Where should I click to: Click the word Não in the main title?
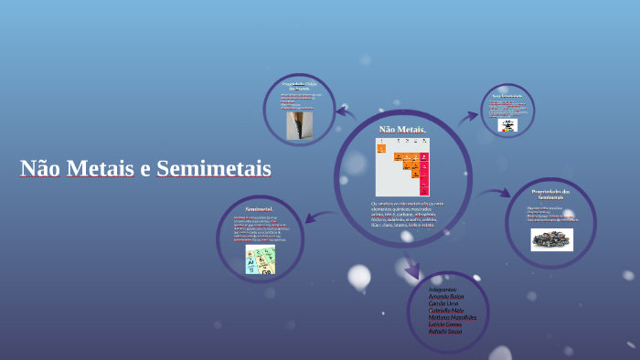(x=41, y=169)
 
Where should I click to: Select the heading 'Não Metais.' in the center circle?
(x=402, y=129)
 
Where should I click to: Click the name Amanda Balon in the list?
(x=446, y=296)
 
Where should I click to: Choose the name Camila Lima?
(x=443, y=303)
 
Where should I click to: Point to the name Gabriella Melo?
(x=446, y=311)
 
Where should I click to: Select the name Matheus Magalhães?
(x=453, y=317)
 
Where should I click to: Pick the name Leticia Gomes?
(x=445, y=324)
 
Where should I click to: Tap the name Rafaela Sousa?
(x=445, y=332)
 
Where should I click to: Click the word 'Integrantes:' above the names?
(x=443, y=290)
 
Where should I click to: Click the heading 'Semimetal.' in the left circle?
(x=260, y=209)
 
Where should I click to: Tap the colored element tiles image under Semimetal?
(x=260, y=259)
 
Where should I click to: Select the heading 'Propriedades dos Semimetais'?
(x=550, y=194)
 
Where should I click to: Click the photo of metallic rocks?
(x=551, y=238)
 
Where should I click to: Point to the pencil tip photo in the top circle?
(x=299, y=124)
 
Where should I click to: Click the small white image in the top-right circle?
(x=507, y=124)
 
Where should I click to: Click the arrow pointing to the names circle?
(x=412, y=269)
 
